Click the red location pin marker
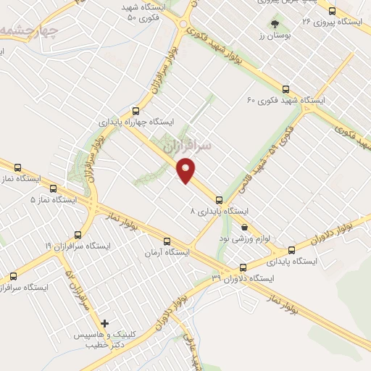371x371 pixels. pyautogui.click(x=188, y=171)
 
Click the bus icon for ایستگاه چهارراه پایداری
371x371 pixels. pyautogui.click(x=135, y=111)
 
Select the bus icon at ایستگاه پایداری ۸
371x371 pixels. pyautogui.click(x=218, y=199)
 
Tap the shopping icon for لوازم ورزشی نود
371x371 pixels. pyautogui.click(x=244, y=226)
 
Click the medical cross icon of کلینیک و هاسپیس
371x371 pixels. pyautogui.click(x=105, y=322)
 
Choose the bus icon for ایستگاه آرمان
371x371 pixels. pyautogui.click(x=167, y=241)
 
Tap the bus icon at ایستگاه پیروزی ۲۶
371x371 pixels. pyautogui.click(x=332, y=11)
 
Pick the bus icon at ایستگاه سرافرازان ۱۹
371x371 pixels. pyautogui.click(x=78, y=234)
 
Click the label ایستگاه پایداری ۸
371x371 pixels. pyautogui.click(x=219, y=211)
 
